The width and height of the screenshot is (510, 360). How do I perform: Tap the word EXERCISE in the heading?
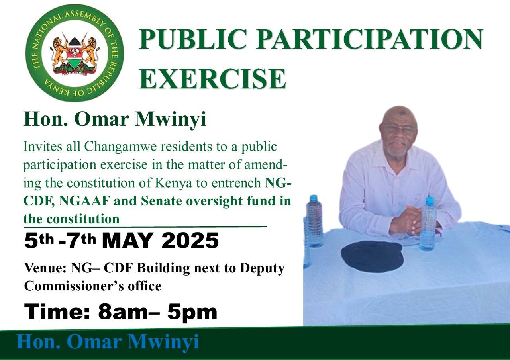212,78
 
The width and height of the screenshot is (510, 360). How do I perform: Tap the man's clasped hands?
406,219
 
